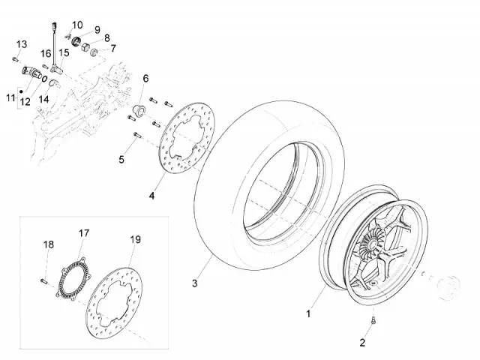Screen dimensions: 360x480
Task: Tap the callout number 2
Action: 361,343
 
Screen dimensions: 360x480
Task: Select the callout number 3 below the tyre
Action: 194,283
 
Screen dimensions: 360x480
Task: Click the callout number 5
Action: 121,158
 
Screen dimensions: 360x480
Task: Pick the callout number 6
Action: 145,79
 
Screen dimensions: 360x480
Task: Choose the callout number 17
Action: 84,233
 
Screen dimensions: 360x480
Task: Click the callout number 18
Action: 48,244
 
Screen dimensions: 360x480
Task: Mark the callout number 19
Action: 135,240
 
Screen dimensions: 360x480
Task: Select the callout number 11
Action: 10,97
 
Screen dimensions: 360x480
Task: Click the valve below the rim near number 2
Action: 373,322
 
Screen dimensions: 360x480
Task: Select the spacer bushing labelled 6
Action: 138,111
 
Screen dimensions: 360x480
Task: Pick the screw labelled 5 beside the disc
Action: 136,136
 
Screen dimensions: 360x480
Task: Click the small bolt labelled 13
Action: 14,58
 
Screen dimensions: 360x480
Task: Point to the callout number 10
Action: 78,25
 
